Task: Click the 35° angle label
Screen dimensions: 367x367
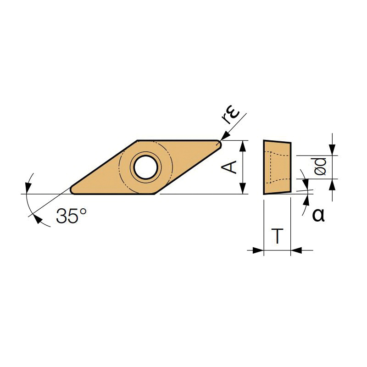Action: [71, 215]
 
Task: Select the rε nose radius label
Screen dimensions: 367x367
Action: [231, 116]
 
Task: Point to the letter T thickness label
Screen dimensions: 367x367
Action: [278, 236]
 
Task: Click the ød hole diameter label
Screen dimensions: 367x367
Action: [320, 167]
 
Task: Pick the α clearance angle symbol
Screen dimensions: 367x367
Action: [318, 215]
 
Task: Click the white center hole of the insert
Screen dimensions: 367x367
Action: [145, 167]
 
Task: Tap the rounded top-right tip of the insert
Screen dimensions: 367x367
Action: [219, 143]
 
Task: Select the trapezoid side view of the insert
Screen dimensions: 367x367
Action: [278, 167]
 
